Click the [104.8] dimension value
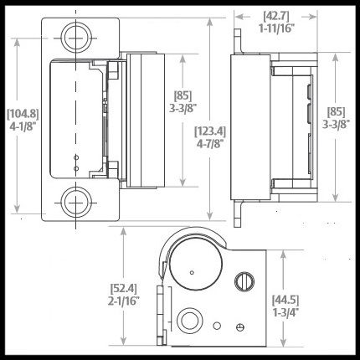(x=23, y=114)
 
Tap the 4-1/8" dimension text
(x=23, y=126)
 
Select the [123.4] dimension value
(x=210, y=131)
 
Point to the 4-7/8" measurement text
(x=210, y=144)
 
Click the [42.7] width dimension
(x=276, y=16)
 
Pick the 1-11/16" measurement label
(x=276, y=28)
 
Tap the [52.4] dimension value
(x=124, y=289)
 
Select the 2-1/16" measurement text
(x=124, y=301)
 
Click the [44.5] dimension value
(x=285, y=300)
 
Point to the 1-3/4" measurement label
(x=285, y=313)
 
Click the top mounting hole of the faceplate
(x=76, y=38)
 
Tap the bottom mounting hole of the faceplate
(x=76, y=202)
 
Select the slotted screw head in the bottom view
(x=244, y=281)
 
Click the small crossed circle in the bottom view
(x=240, y=327)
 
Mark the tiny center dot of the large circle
(x=192, y=272)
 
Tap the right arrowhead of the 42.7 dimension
(x=312, y=17)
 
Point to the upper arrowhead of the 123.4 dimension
(x=210, y=23)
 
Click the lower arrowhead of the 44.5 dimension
(x=284, y=342)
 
